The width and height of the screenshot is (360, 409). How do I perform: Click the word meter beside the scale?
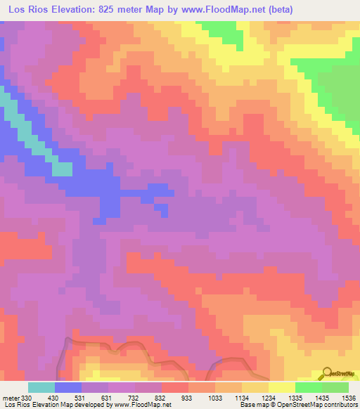tap(11, 397)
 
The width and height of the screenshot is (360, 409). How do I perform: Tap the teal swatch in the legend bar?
tap(41, 387)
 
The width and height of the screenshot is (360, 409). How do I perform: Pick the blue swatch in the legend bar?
tap(68, 387)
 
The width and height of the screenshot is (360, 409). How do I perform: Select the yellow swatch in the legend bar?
tap(281, 387)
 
